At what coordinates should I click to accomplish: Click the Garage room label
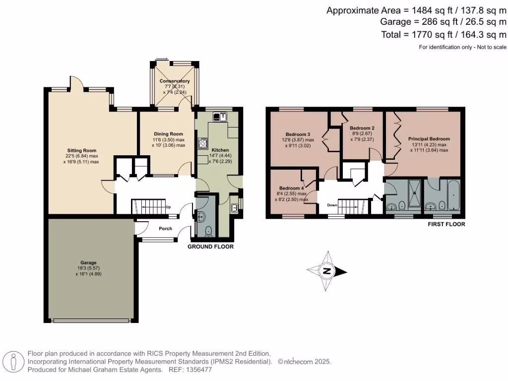(89, 262)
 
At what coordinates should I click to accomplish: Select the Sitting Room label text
(82, 150)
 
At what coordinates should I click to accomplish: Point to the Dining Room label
(169, 134)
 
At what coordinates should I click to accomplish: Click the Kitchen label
(220, 150)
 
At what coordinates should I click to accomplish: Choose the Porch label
(165, 229)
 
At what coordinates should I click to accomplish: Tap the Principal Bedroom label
(429, 139)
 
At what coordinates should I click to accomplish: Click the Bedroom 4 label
(291, 189)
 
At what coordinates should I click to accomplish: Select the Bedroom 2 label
(362, 128)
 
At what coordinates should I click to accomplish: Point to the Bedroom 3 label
(298, 134)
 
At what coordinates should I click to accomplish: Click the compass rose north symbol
(327, 271)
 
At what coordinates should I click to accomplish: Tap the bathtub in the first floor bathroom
(451, 197)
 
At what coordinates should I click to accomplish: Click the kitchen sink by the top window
(220, 117)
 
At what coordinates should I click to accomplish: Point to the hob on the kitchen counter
(202, 143)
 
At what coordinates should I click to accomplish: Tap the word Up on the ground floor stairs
(168, 207)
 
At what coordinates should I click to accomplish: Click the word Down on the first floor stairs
(332, 205)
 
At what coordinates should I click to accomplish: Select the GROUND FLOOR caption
(210, 247)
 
